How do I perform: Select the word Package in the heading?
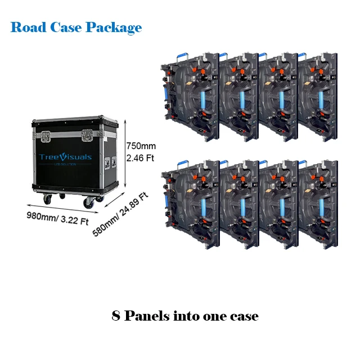point(114,28)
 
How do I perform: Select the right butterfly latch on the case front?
point(88,136)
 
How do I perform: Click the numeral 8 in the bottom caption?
point(116,316)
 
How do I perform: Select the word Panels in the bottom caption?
point(146,316)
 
